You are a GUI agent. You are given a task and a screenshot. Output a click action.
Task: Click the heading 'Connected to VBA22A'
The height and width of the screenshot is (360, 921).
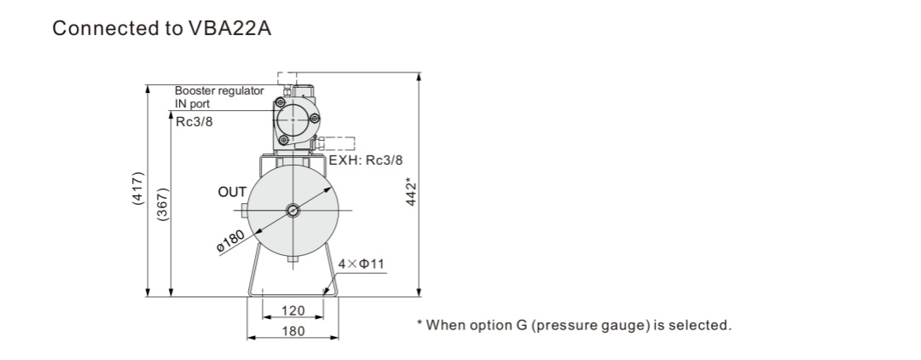click(x=161, y=28)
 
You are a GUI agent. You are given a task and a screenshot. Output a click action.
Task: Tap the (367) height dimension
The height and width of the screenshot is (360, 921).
click(x=163, y=204)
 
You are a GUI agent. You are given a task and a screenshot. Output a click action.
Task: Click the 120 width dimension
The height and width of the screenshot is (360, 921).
click(x=293, y=311)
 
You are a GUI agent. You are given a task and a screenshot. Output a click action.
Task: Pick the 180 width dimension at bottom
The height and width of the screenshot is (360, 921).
click(x=293, y=331)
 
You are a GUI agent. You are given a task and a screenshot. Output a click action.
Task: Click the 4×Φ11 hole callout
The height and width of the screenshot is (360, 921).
click(x=362, y=264)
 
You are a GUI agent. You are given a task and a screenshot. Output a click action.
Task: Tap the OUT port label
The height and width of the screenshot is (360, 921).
click(x=232, y=192)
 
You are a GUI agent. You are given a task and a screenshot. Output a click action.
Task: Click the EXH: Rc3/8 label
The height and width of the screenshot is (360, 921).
click(x=365, y=160)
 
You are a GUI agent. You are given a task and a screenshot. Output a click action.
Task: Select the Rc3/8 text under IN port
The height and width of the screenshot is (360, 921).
click(x=194, y=124)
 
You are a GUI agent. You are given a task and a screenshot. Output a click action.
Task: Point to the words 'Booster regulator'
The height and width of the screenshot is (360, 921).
click(x=219, y=91)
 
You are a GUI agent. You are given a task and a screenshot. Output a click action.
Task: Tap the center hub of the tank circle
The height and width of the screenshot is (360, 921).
click(x=293, y=210)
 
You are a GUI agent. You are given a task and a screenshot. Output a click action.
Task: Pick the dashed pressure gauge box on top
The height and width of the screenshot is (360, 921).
click(x=287, y=79)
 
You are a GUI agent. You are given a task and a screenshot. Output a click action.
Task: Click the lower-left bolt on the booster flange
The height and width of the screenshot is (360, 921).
click(x=283, y=140)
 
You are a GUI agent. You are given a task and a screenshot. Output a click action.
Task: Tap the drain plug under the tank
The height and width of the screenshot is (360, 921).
click(x=293, y=259)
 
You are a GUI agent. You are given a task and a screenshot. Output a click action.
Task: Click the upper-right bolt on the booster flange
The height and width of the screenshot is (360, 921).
click(x=315, y=120)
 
